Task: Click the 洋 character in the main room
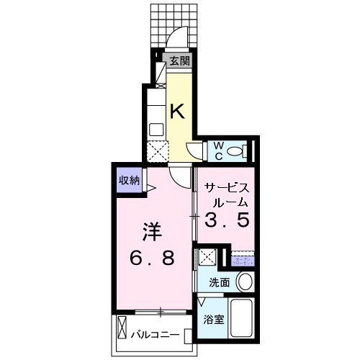[150, 233]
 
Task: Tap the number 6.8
[153, 258]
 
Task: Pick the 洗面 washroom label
[220, 282]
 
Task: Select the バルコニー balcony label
[155, 335]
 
